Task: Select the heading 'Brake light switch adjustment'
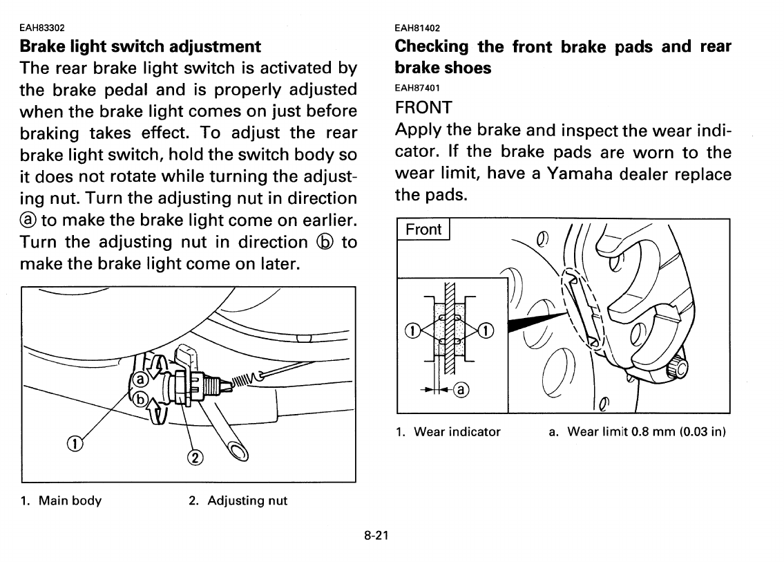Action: pos(141,47)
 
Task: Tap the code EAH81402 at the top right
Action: pos(417,28)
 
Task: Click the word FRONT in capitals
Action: pos(423,108)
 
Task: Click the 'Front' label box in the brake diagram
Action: pos(423,230)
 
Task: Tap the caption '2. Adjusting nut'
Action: pos(238,500)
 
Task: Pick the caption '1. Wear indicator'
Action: pos(448,432)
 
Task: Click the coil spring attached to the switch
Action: pos(245,380)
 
